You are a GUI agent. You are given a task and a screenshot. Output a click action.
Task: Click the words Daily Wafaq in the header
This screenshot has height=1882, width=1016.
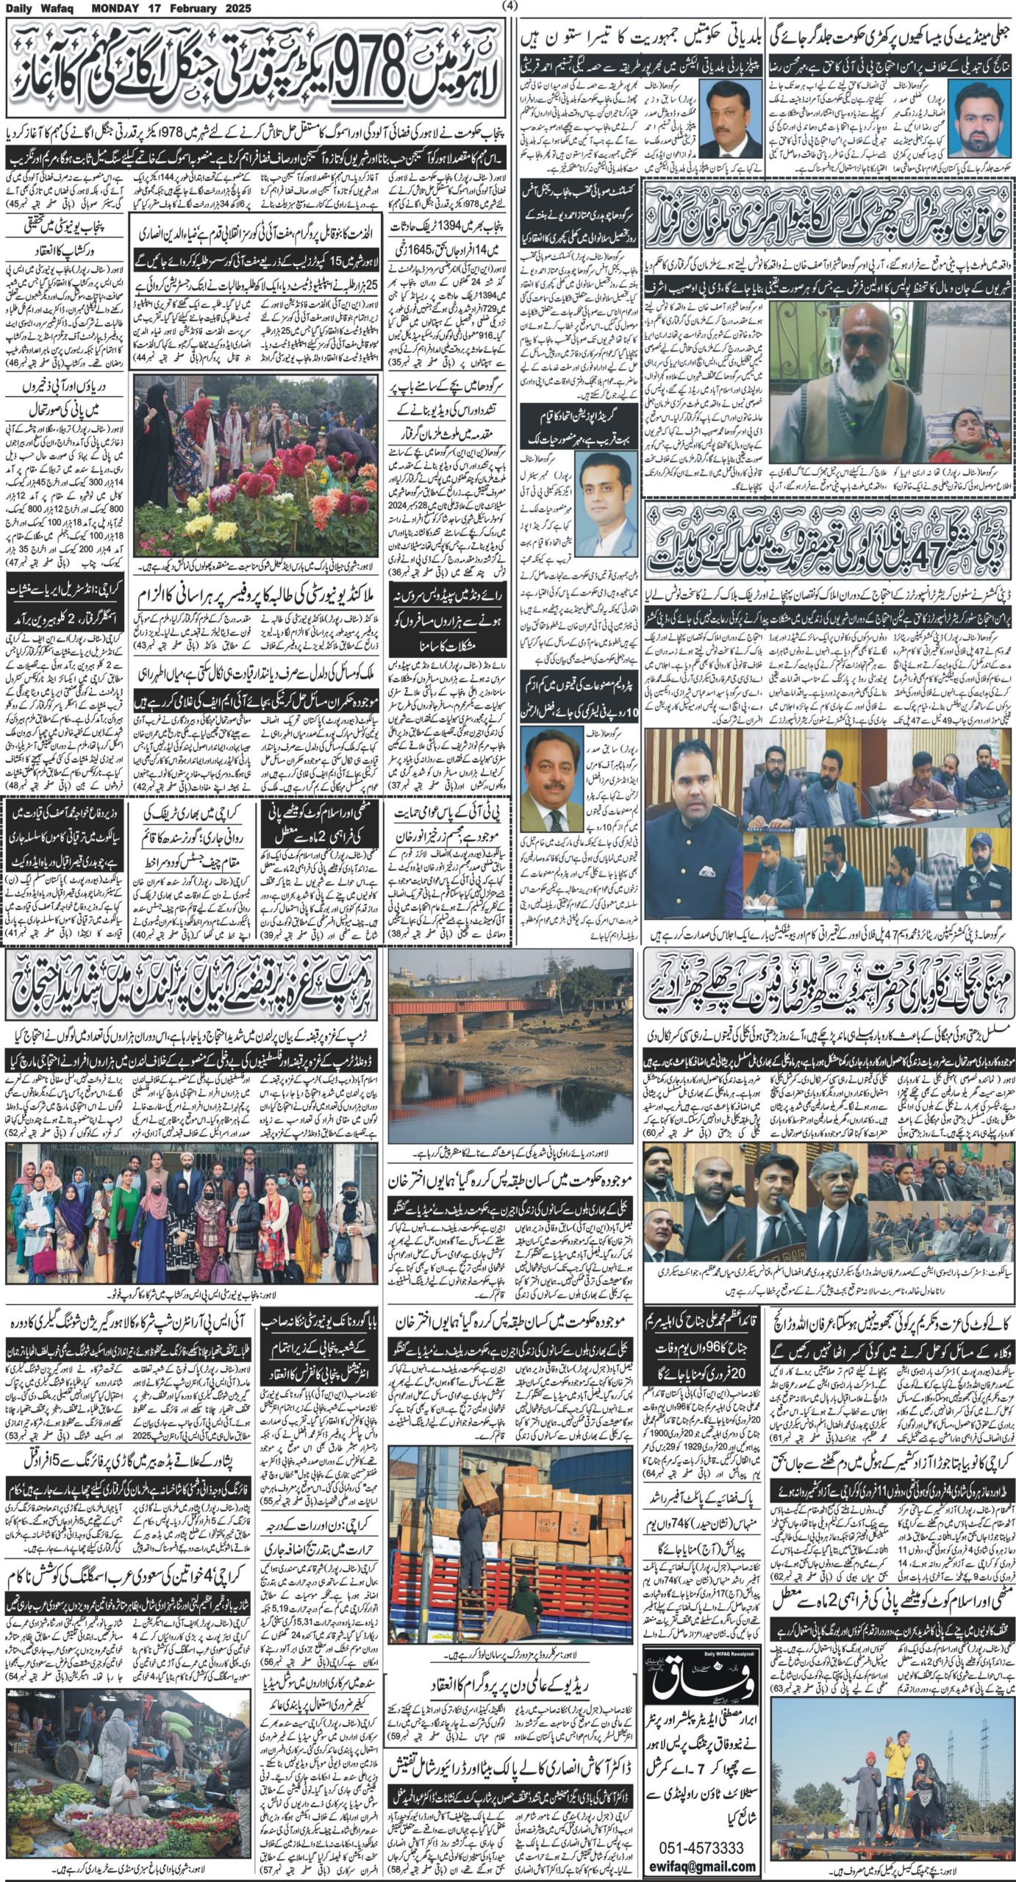[x=37, y=8]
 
